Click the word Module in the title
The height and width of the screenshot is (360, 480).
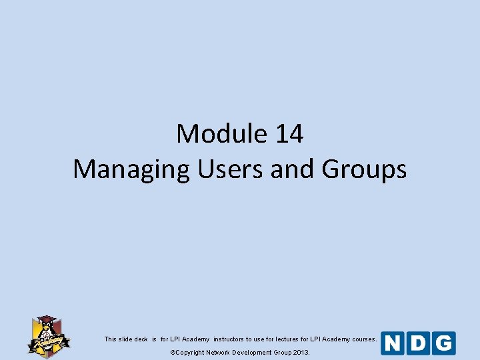click(220, 134)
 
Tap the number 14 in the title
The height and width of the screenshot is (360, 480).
click(288, 134)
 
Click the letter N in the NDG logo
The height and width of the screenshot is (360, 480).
click(393, 343)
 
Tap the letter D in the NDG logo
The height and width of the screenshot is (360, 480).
click(418, 343)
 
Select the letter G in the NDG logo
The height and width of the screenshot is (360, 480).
click(443, 343)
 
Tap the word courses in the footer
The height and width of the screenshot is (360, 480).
click(364, 339)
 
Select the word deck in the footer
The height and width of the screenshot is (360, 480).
click(141, 339)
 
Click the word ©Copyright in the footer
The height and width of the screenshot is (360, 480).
click(187, 352)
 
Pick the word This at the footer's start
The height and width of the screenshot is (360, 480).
click(111, 339)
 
